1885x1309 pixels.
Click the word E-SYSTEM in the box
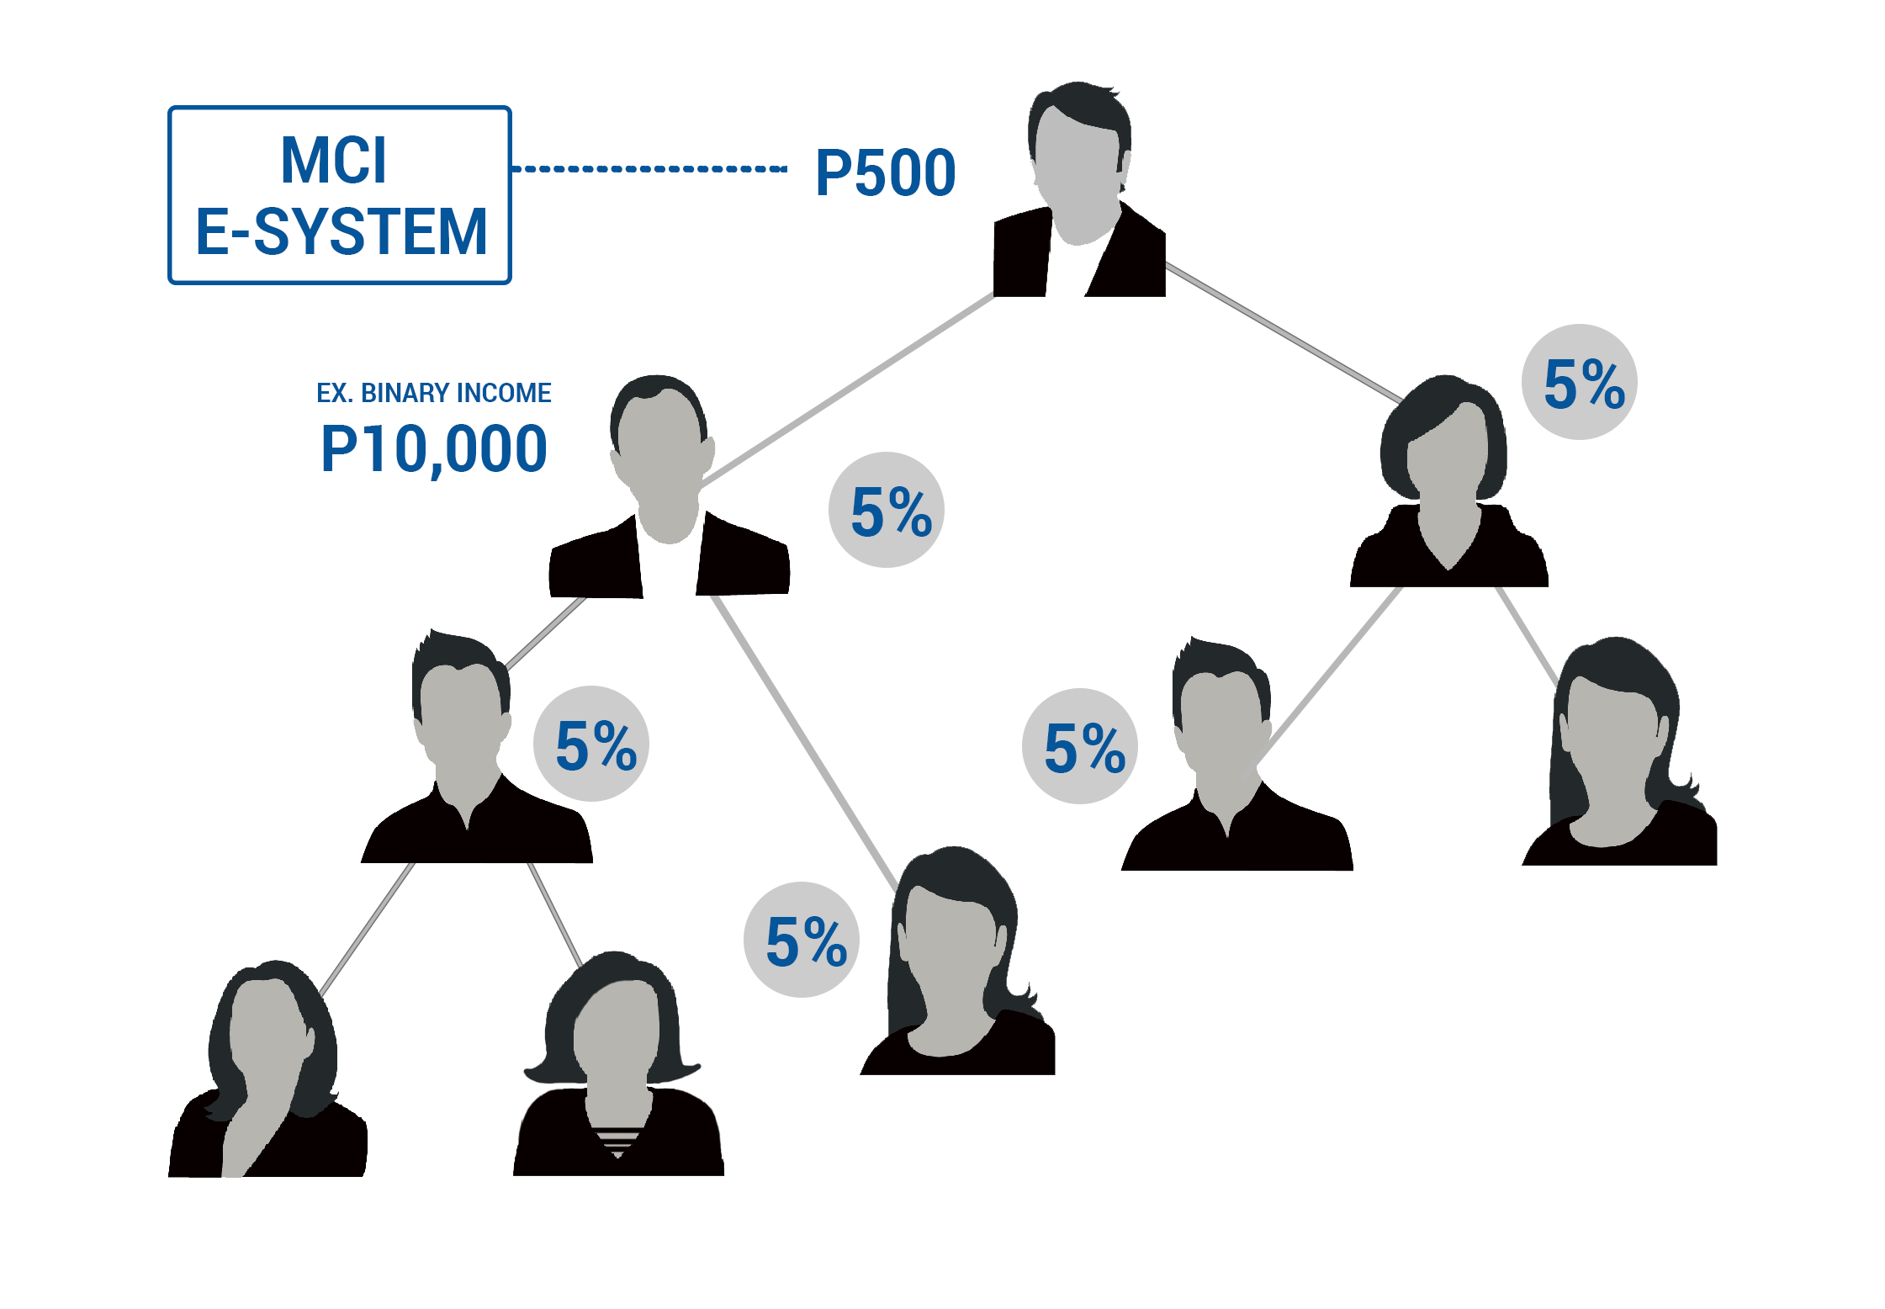tap(341, 231)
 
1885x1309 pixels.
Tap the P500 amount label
tap(885, 173)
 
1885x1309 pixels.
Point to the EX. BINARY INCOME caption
tap(433, 393)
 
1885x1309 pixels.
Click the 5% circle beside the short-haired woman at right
tap(1579, 383)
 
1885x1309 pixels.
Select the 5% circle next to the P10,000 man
tap(886, 510)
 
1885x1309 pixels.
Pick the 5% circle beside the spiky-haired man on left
tap(591, 744)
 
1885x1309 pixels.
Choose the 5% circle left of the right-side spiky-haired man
tap(1079, 746)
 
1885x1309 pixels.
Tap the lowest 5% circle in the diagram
tap(802, 940)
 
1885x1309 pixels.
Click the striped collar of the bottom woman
tap(617, 1139)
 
